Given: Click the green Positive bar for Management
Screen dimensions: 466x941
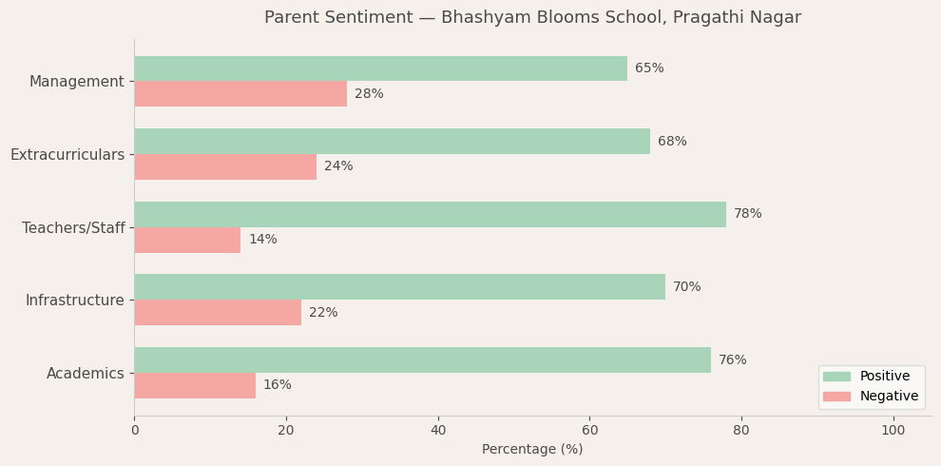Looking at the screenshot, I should (x=380, y=68).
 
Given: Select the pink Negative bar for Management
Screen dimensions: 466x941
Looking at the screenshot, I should (x=240, y=94).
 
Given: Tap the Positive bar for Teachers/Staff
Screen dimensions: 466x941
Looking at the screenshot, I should (x=430, y=214).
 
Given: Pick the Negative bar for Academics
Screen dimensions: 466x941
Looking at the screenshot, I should (x=195, y=385).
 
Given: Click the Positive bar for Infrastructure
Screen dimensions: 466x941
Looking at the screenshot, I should (x=399, y=287).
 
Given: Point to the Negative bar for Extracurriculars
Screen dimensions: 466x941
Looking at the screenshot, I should (x=225, y=166).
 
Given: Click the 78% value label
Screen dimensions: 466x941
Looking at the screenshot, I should (x=747, y=214).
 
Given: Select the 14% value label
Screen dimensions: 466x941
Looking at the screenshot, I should (x=262, y=240).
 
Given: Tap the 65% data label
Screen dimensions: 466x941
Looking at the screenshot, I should (x=649, y=68).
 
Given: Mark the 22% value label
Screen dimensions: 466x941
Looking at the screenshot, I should (x=323, y=313).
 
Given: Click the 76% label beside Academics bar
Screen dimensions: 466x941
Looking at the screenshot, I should (x=732, y=360).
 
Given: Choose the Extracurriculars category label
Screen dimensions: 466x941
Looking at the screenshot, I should (x=67, y=154).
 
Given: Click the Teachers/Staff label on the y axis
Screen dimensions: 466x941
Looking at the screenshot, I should (x=73, y=227).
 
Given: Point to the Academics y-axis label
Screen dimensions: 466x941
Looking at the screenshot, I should (x=86, y=374).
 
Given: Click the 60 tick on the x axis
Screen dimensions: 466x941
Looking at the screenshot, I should (x=589, y=431).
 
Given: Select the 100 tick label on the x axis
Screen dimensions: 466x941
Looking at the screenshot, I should (x=893, y=431).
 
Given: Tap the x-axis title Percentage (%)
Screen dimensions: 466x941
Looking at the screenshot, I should (x=532, y=450).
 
